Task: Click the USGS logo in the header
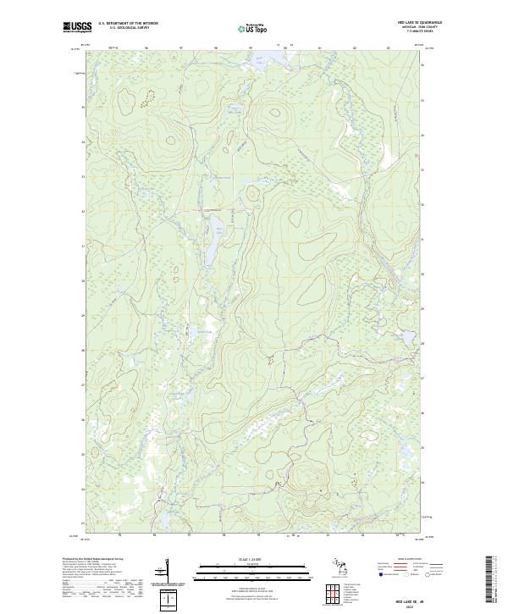click(77, 26)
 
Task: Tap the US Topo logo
click(254, 27)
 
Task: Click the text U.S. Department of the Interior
click(128, 23)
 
